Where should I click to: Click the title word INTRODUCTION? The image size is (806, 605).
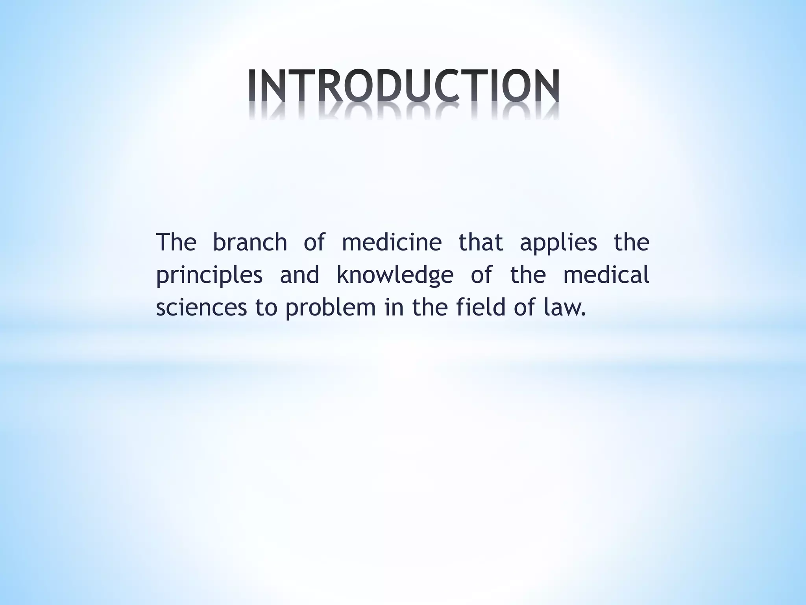[404, 86]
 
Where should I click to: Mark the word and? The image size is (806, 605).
[299, 275]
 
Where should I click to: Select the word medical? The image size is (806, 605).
[606, 275]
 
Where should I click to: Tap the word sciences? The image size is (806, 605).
[201, 308]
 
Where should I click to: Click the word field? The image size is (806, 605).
[481, 307]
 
